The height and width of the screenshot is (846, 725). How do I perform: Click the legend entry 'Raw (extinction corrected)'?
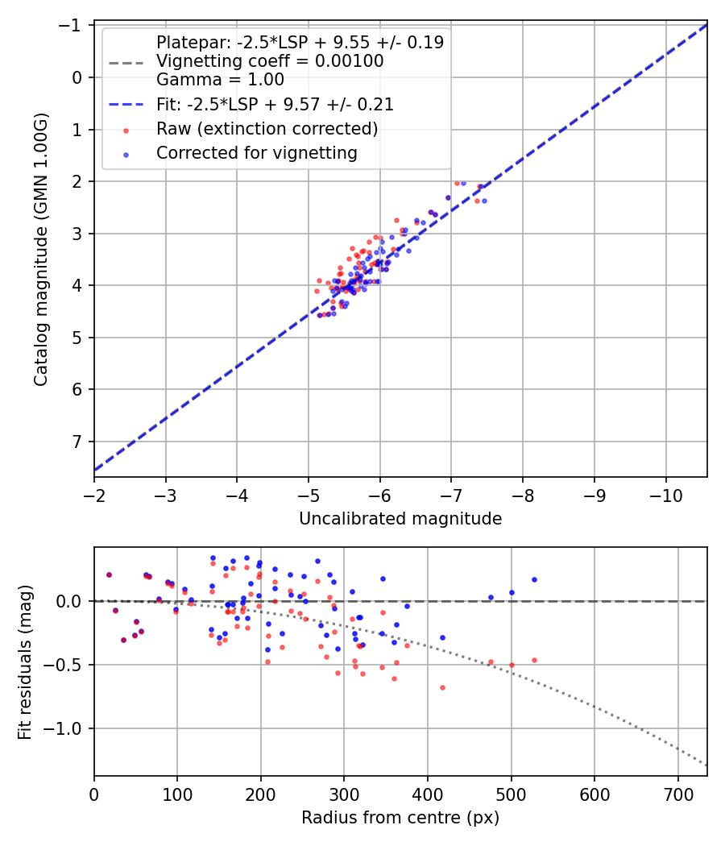[x=267, y=129]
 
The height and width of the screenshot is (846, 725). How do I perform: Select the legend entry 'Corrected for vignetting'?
[x=256, y=152]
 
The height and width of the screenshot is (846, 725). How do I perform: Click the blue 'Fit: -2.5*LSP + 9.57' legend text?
[x=275, y=105]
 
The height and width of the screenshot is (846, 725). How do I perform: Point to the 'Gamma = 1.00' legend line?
[x=220, y=80]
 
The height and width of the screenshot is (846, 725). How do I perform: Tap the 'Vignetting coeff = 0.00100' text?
[x=270, y=61]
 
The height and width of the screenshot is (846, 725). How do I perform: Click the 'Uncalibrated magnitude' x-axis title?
[x=400, y=519]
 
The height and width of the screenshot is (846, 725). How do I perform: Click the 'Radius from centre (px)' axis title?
[x=400, y=818]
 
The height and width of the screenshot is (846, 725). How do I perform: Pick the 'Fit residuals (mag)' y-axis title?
[x=25, y=661]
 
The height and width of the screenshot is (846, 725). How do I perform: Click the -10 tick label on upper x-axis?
[x=666, y=491]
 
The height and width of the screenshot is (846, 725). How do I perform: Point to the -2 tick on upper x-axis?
[x=94, y=491]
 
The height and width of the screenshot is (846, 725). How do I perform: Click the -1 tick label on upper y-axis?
[x=74, y=26]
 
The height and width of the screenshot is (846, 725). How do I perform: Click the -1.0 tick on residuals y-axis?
[x=68, y=728]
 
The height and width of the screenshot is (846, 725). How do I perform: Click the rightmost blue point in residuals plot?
[x=534, y=579]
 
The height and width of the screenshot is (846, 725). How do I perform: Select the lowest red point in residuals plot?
[x=442, y=687]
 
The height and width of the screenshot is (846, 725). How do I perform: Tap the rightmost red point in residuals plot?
[x=534, y=660]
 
